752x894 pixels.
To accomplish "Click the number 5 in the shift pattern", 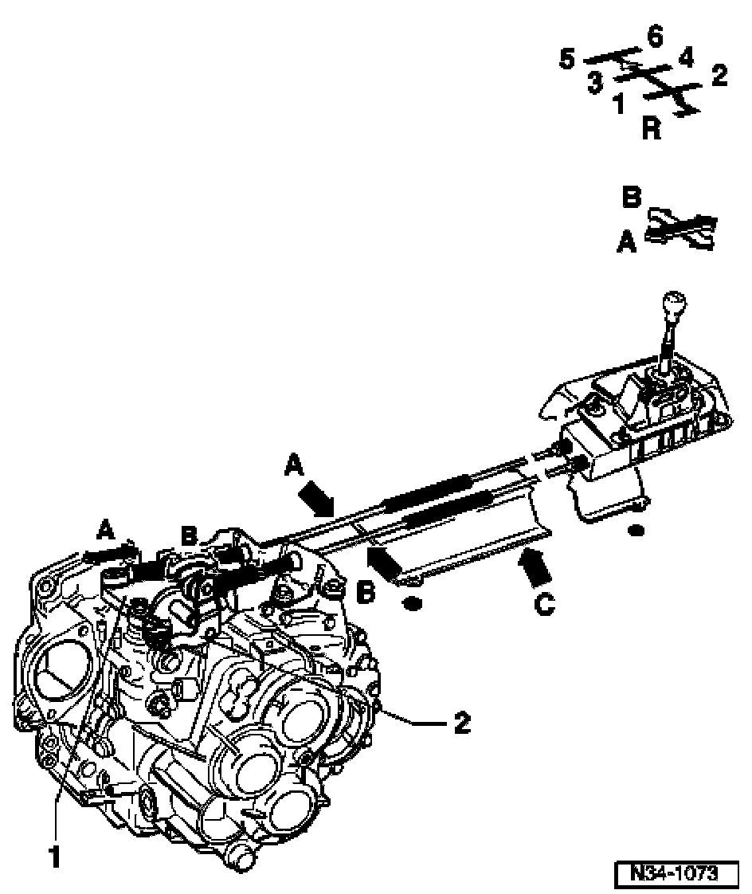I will (566, 61).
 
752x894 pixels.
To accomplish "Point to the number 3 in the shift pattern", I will (595, 83).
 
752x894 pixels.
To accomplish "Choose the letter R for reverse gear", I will (651, 129).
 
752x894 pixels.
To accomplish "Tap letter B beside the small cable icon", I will (631, 198).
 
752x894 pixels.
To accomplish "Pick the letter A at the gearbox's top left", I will (105, 527).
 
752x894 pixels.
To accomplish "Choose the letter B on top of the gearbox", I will (188, 536).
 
